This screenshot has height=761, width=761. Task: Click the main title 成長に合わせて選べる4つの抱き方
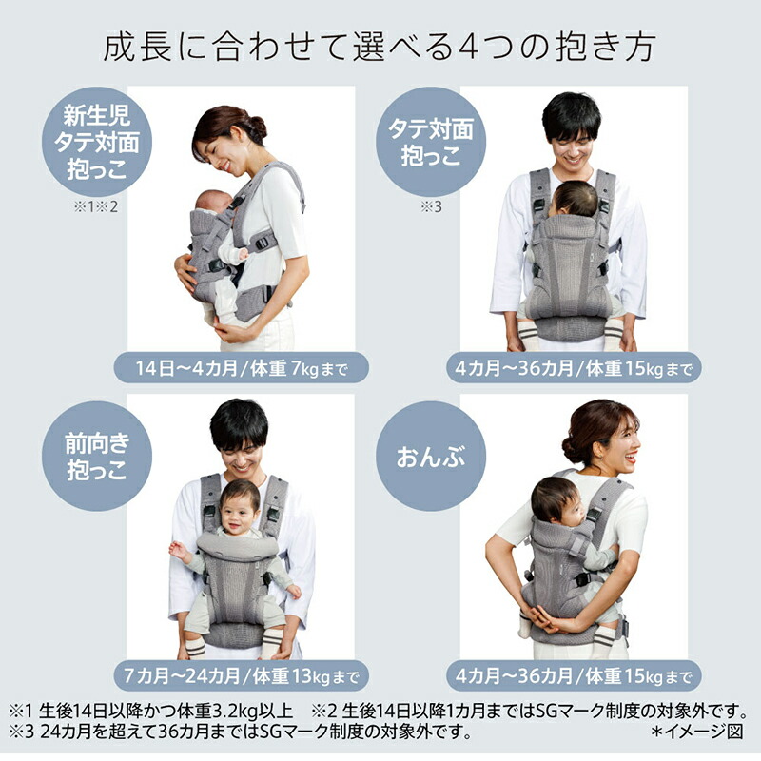click(380, 47)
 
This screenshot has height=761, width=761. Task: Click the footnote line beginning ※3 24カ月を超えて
click(238, 732)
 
